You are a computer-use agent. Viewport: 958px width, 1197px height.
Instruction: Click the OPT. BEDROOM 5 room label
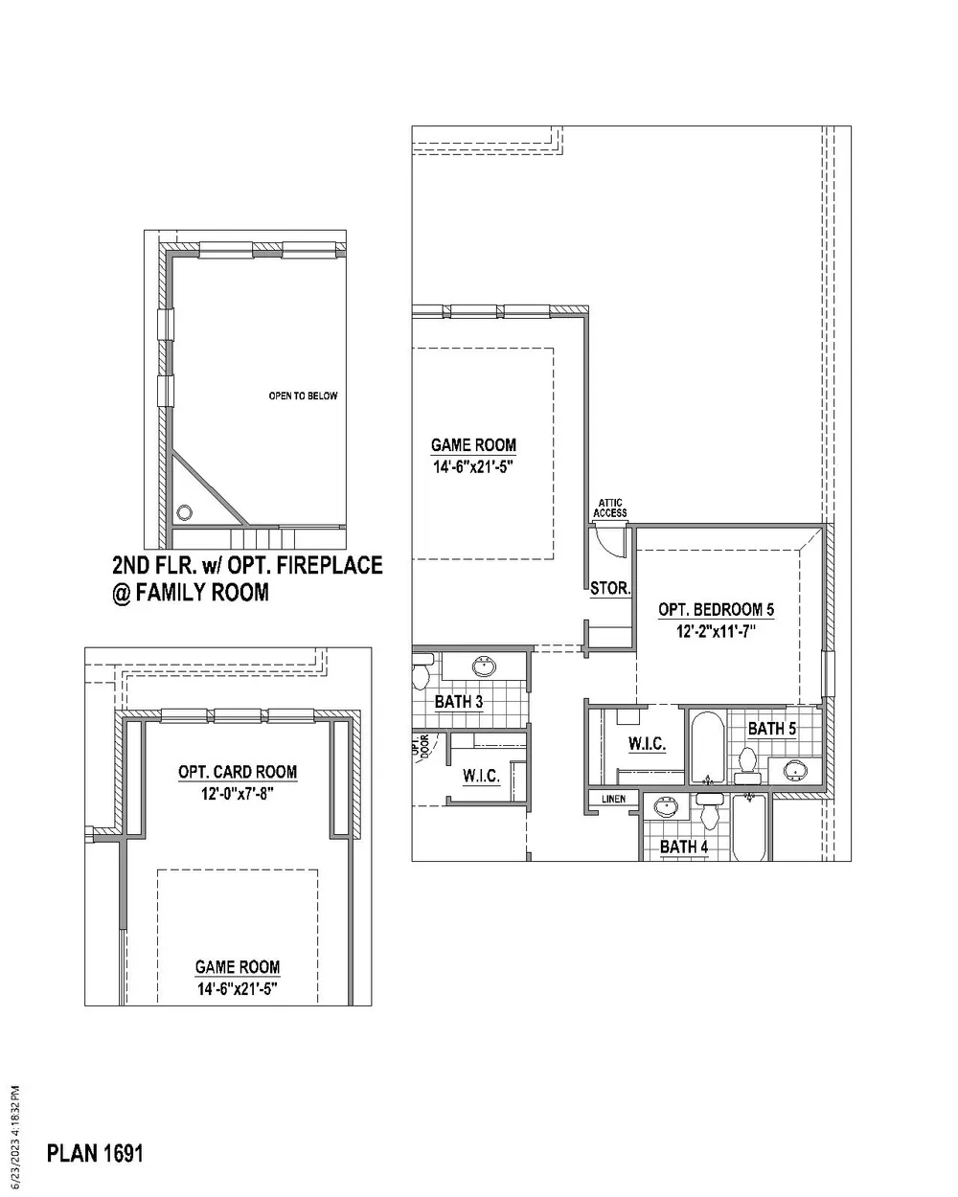click(716, 610)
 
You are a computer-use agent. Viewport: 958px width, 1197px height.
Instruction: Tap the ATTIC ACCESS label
click(610, 508)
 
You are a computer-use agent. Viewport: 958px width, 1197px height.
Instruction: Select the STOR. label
click(610, 589)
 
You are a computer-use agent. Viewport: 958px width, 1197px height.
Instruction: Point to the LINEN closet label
click(613, 799)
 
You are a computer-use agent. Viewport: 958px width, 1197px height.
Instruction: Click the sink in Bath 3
click(484, 666)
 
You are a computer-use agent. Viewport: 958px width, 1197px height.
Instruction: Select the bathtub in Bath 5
click(708, 748)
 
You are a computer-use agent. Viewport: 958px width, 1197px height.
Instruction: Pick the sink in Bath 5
click(794, 770)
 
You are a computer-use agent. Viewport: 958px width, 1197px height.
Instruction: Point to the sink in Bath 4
click(667, 806)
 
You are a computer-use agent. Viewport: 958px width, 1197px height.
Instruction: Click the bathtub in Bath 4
click(749, 827)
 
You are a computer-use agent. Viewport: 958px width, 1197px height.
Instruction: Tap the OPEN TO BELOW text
click(303, 396)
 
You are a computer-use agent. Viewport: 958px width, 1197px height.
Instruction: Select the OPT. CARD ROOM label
click(238, 772)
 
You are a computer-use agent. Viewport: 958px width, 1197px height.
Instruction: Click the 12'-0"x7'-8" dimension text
click(238, 794)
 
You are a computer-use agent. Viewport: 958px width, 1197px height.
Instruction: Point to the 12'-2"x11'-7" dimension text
click(716, 632)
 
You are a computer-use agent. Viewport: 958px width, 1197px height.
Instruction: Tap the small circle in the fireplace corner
click(184, 512)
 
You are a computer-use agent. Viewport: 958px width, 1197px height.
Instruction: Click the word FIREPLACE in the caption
click(330, 565)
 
